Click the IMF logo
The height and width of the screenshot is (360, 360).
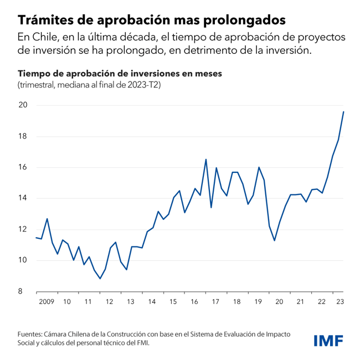pos(328,340)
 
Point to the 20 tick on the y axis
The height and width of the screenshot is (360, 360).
pos(23,105)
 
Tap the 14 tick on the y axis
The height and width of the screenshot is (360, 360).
pos(23,198)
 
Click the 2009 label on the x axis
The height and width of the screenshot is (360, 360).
pos(46,302)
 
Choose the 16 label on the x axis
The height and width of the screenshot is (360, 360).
pos(194,302)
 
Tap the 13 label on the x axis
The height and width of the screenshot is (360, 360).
pos(131,302)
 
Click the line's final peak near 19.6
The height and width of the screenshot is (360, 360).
pos(343,112)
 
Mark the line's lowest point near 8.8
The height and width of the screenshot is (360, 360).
pos(100,279)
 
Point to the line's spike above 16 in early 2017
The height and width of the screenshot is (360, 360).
pos(206,160)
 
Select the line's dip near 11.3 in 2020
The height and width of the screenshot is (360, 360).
pos(274,240)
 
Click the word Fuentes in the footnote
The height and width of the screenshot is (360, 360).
pos(31,335)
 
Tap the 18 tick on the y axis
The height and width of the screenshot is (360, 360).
pos(23,136)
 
